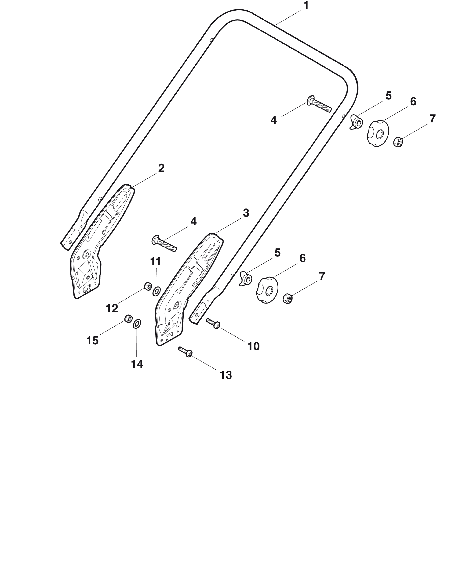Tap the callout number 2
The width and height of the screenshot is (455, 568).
point(161,168)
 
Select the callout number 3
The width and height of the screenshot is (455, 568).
point(246,213)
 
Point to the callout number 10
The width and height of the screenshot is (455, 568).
point(253,346)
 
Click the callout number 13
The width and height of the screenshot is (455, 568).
point(226,375)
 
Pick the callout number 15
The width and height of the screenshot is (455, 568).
point(92,341)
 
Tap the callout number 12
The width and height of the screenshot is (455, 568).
point(112,308)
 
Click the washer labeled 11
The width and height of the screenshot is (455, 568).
point(157,291)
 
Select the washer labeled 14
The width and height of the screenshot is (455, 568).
point(137,324)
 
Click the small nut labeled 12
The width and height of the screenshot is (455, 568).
point(148,286)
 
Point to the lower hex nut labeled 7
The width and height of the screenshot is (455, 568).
point(288,298)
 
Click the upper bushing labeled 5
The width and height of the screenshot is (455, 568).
point(356,122)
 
